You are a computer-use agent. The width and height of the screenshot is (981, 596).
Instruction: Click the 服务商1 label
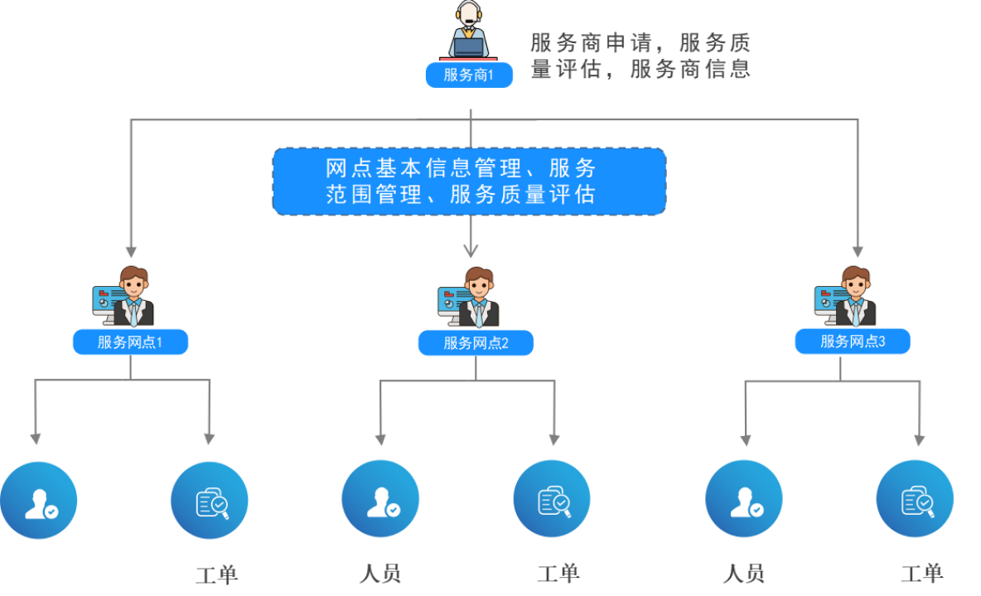(x=469, y=75)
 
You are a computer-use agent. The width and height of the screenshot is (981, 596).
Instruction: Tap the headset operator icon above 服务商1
(x=469, y=31)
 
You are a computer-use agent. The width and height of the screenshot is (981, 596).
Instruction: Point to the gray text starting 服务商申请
(x=640, y=56)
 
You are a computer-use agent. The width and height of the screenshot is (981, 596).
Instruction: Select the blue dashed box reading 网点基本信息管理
(x=469, y=181)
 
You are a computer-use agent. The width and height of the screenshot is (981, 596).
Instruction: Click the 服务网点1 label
(x=130, y=342)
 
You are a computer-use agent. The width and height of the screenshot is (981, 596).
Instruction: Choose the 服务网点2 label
(x=476, y=342)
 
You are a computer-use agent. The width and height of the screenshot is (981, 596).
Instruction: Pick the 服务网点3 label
(x=853, y=341)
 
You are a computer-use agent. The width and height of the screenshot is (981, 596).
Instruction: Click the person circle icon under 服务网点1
(x=39, y=501)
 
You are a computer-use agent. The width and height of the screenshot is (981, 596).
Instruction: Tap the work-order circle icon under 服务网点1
(x=210, y=501)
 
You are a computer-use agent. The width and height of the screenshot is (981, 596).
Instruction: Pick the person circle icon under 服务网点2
(x=380, y=499)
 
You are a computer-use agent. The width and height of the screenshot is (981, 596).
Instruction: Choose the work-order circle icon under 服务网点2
(x=552, y=499)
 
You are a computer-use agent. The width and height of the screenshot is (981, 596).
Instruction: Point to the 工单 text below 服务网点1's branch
(x=217, y=575)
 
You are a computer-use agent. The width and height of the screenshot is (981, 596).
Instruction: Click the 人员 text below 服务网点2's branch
(x=380, y=574)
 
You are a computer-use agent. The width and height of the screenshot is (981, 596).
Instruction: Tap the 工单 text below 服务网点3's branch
(x=922, y=573)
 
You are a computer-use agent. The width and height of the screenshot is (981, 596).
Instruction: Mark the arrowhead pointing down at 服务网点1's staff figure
(x=131, y=251)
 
